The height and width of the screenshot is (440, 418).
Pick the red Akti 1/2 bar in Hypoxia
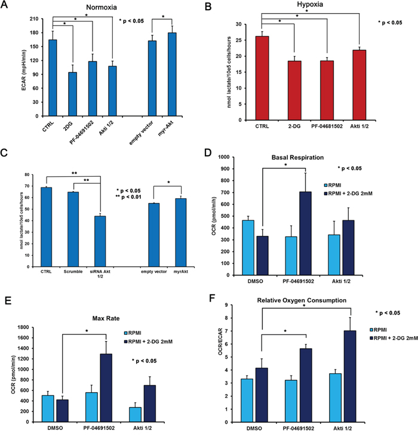tap(361, 84)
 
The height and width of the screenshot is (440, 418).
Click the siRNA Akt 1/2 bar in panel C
tap(100, 236)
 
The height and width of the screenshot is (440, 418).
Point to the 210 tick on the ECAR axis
tap(26, 19)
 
